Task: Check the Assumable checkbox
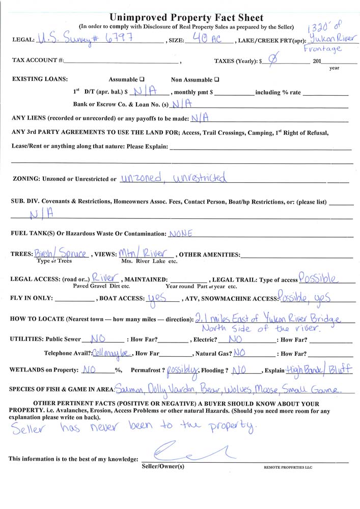coord(142,79)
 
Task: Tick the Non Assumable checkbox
coord(217,79)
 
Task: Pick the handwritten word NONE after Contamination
coord(180,234)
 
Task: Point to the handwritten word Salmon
coord(129,389)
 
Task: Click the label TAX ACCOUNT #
coord(38,61)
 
